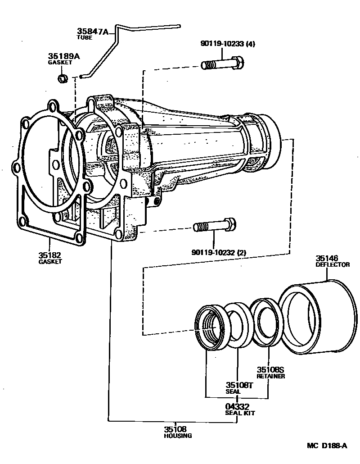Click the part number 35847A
[93, 31]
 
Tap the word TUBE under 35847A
[85, 37]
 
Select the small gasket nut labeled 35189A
[63, 78]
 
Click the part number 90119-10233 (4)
[228, 44]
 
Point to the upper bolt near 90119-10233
[222, 64]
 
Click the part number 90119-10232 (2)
[219, 252]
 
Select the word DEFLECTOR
[333, 265]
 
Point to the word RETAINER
[271, 376]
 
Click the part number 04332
[237, 407]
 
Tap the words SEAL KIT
[240, 413]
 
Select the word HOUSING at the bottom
[178, 436]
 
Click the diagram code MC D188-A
[327, 446]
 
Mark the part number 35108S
[270, 369]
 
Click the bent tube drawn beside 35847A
[115, 47]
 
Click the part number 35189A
[64, 56]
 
